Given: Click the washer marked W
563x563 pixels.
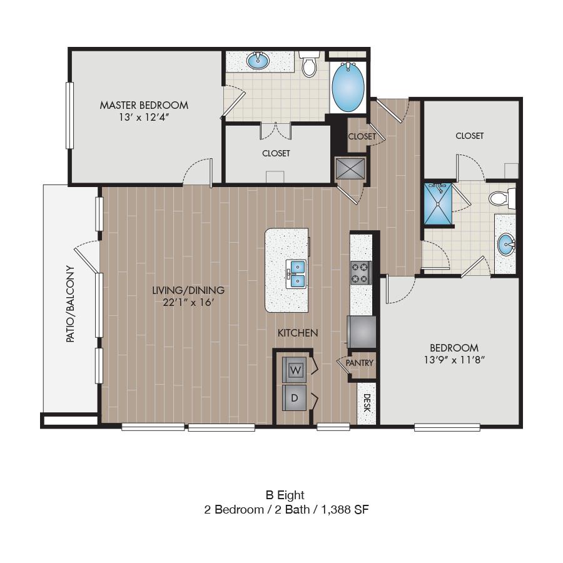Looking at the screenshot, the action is (x=295, y=370).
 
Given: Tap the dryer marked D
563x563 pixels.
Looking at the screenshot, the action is (x=295, y=398).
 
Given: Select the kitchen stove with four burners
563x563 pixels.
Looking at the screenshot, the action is (x=360, y=273).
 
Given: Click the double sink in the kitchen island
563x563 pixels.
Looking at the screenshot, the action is (x=297, y=273).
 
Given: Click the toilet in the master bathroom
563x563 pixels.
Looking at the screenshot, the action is (x=309, y=64).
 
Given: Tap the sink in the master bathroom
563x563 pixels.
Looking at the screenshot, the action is (x=258, y=60).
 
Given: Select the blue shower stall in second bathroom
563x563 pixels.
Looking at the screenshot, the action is (x=438, y=204).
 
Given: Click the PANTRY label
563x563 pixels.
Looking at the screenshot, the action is (x=360, y=363).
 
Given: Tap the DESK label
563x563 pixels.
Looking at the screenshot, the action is (x=367, y=403).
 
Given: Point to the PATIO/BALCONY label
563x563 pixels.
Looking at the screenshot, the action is (x=71, y=304).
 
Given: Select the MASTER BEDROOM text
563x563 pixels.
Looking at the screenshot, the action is (x=144, y=105).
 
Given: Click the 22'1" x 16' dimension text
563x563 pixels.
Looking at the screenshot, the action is (x=188, y=302).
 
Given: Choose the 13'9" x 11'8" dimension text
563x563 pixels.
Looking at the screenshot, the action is (x=454, y=360).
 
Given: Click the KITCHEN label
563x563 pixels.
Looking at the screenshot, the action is (x=298, y=333).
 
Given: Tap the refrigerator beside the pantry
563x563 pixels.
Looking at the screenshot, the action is (x=361, y=332).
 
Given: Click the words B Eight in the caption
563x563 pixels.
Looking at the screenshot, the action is (x=285, y=495).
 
